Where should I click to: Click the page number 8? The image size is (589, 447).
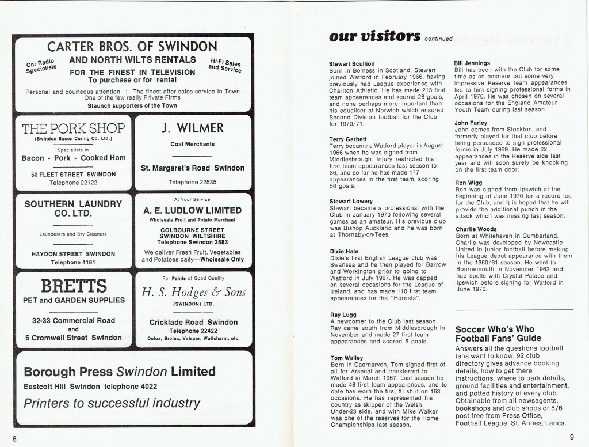click(x=15, y=438)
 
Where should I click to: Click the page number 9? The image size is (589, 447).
click(x=573, y=437)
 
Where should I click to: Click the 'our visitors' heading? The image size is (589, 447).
click(x=374, y=36)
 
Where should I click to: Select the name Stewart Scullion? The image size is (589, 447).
click(x=352, y=63)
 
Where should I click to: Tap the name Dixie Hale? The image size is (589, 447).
click(x=343, y=251)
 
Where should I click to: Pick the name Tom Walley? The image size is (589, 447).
click(x=346, y=358)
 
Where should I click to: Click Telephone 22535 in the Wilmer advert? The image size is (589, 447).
click(x=193, y=182)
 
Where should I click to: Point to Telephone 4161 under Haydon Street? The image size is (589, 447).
click(x=72, y=262)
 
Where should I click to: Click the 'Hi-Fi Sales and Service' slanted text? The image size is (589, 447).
click(x=225, y=65)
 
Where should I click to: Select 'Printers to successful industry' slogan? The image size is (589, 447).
click(x=112, y=403)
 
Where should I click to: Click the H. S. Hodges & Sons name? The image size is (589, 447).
click(x=193, y=292)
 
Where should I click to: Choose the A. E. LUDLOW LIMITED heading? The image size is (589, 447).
click(x=193, y=210)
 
